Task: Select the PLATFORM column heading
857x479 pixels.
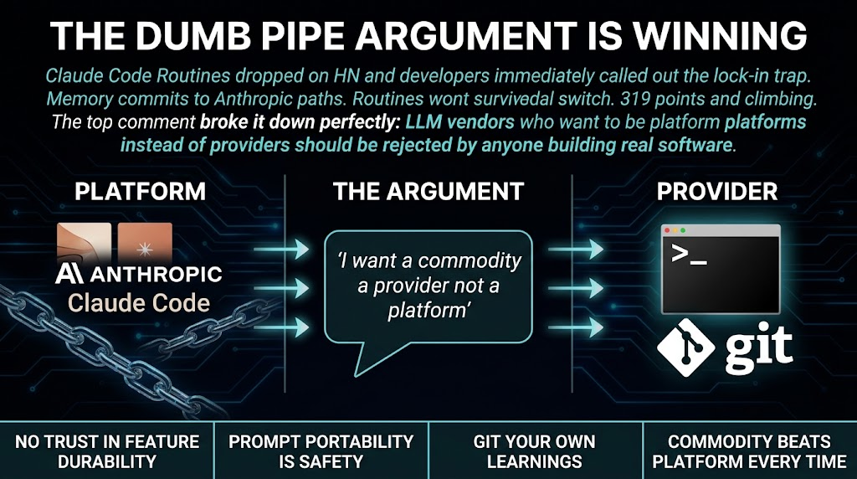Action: (140, 191)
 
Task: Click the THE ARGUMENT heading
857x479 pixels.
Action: (428, 191)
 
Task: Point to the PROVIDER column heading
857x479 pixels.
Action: (717, 191)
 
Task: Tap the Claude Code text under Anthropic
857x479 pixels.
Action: (139, 302)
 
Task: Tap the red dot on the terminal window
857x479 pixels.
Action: (668, 230)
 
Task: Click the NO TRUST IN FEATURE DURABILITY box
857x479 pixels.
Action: (106, 451)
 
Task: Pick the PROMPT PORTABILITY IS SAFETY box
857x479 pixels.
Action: (321, 451)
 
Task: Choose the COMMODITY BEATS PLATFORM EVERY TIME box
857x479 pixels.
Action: (749, 451)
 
